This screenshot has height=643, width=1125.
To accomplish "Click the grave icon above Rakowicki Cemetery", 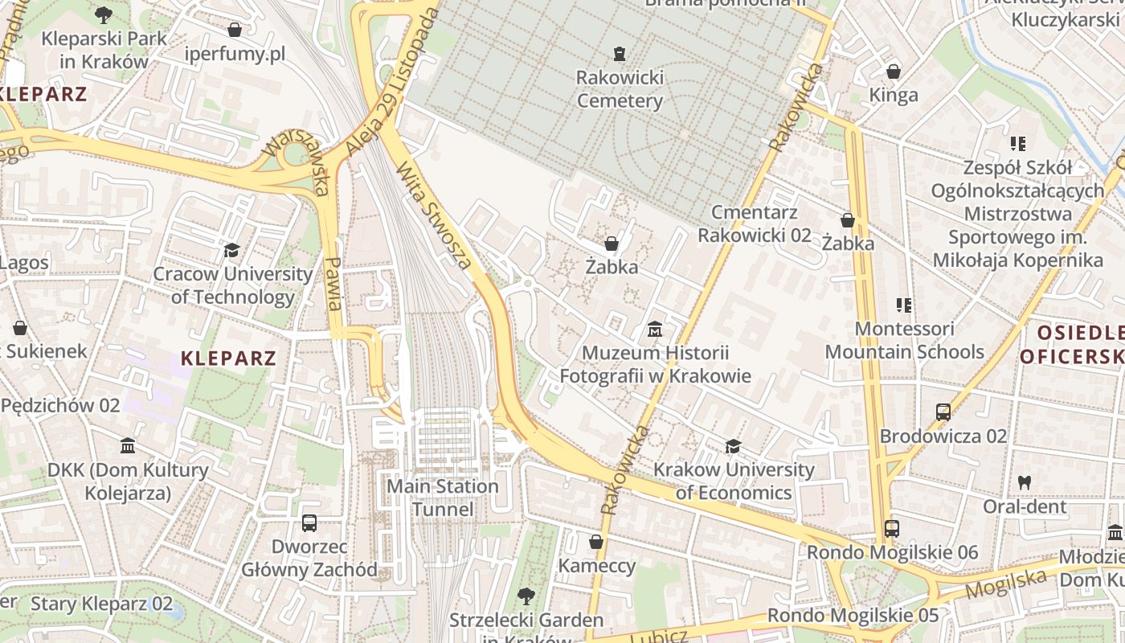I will [619, 54].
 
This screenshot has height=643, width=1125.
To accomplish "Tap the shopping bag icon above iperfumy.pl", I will [235, 31].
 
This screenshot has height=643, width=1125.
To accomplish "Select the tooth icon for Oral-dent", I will [1024, 483].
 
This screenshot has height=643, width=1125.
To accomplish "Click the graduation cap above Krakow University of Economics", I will [733, 446].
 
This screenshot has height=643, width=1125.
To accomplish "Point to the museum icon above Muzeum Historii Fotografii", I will [655, 330].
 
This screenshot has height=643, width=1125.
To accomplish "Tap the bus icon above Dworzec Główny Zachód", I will [309, 523].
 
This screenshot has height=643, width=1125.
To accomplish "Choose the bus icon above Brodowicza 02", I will [943, 412].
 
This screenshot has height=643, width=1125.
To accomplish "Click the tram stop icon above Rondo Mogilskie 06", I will [892, 529].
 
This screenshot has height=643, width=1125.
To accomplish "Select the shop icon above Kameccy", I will [596, 542].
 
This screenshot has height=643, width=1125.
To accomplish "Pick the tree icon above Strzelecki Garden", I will [526, 596].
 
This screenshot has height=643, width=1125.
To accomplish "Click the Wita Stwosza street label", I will [434, 214].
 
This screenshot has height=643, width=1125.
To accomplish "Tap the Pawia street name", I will [334, 283].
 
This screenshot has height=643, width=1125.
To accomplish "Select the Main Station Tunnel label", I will [443, 498].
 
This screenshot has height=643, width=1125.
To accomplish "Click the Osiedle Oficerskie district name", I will [1073, 344].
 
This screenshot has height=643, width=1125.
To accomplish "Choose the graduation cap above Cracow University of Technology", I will [232, 250].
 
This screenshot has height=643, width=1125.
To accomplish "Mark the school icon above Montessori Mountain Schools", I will [904, 305].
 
